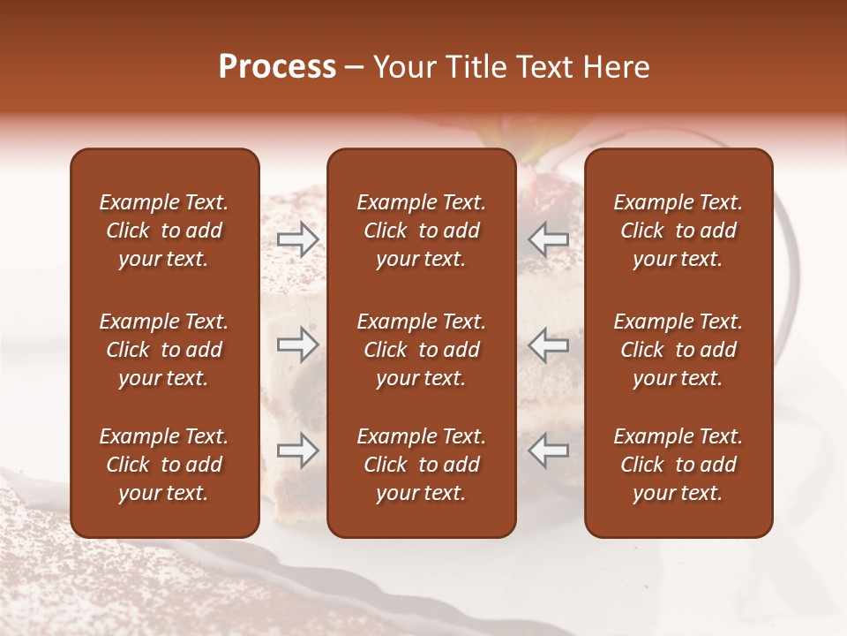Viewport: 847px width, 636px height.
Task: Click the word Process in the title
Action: (277, 67)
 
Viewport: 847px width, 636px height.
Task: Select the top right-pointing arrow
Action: (298, 238)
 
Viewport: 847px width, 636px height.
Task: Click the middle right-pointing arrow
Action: (298, 344)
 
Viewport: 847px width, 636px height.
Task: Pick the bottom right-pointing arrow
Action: (298, 450)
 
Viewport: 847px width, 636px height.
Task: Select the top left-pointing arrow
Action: (548, 238)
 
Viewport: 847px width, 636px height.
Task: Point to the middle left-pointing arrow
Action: (548, 344)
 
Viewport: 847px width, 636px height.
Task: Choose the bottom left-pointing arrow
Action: (548, 450)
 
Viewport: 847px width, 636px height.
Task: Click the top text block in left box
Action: (164, 231)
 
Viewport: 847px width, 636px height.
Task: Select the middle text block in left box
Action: (164, 350)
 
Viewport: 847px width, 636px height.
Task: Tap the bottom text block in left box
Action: (164, 465)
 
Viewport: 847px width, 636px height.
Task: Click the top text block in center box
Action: (421, 231)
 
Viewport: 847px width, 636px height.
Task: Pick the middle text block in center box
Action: (421, 350)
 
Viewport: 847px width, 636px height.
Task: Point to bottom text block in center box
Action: (421, 465)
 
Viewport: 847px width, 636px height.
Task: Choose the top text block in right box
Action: (678, 231)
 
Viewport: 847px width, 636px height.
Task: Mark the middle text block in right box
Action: (678, 350)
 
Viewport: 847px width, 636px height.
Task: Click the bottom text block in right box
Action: (678, 465)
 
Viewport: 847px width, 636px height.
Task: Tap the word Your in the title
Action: (402, 67)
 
